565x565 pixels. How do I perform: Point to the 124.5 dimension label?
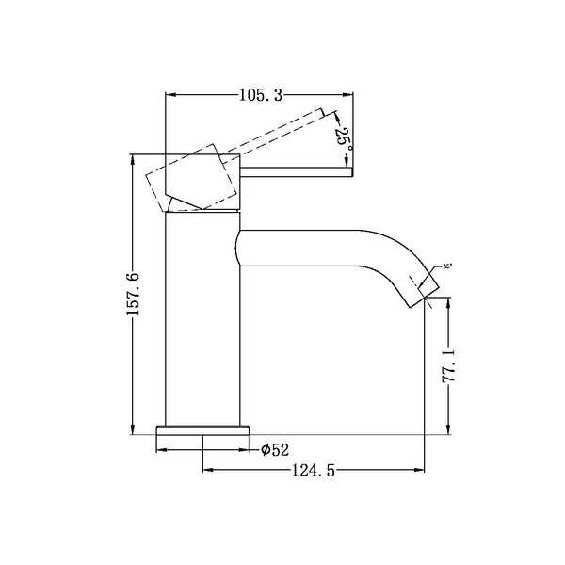point(314,468)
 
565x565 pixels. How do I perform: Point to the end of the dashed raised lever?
point(331,116)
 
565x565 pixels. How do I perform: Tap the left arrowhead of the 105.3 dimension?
point(170,94)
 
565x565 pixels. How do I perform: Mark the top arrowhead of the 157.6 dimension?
point(132,159)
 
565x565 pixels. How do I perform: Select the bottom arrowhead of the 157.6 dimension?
point(132,431)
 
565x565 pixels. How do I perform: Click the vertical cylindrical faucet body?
point(202,320)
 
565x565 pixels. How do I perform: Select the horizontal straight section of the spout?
point(301,247)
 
